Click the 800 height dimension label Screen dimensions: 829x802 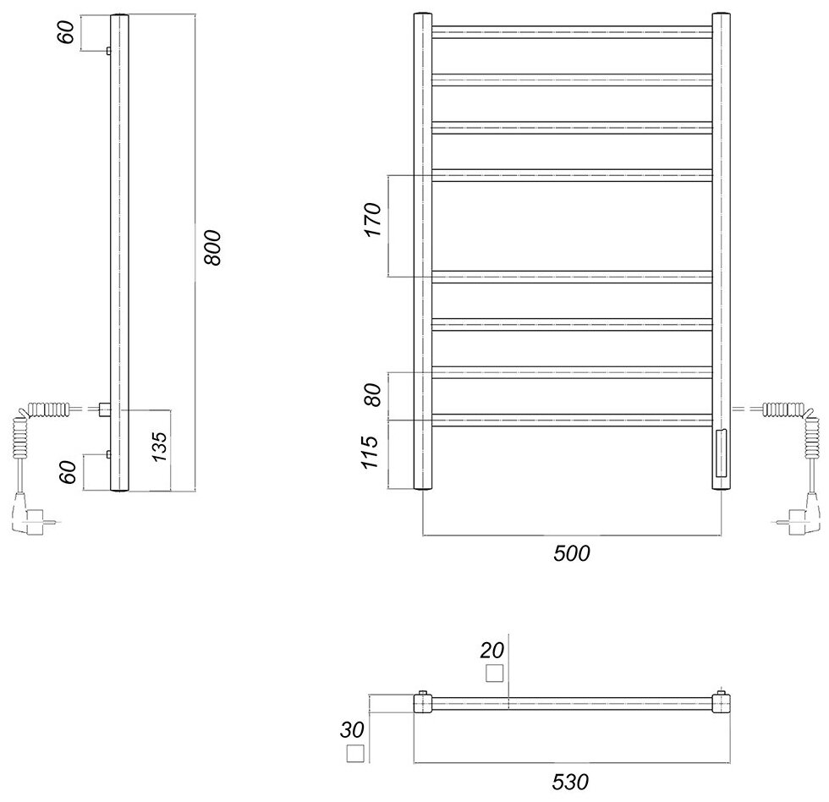[212, 248]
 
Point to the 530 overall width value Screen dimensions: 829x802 [572, 783]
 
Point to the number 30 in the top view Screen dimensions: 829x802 [354, 729]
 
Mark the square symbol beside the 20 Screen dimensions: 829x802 [494, 673]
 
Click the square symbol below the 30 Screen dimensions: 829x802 [354, 755]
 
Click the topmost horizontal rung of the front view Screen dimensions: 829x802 [573, 33]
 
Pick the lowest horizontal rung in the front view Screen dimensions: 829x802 [573, 419]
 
